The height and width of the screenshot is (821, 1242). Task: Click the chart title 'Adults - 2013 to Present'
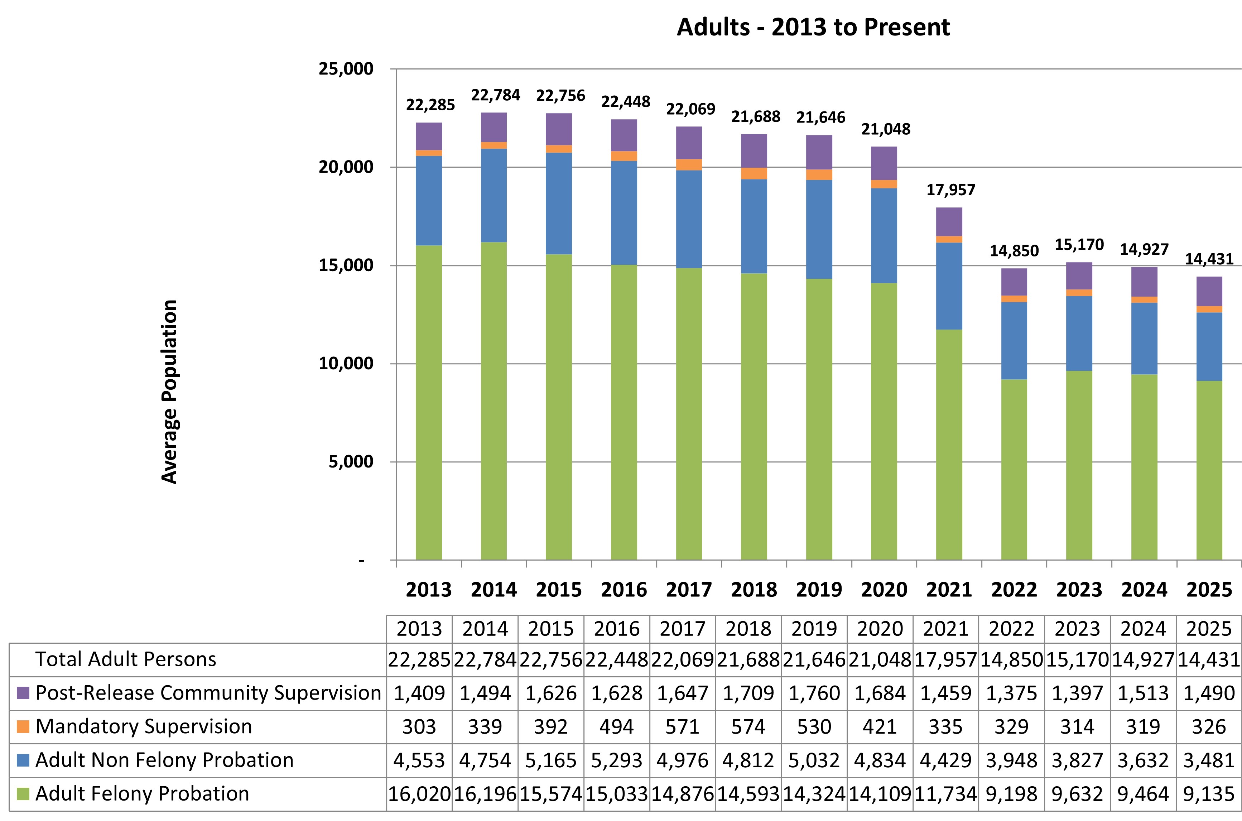(813, 27)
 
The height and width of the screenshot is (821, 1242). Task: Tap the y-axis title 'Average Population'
(170, 392)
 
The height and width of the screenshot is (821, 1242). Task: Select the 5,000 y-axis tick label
(351, 462)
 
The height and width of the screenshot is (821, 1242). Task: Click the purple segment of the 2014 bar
(494, 127)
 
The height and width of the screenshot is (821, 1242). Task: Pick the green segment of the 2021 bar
(949, 445)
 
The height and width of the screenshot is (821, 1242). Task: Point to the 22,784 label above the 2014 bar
(496, 95)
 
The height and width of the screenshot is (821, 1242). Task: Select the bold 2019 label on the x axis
(819, 590)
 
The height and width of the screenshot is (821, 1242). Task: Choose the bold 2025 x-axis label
(1209, 590)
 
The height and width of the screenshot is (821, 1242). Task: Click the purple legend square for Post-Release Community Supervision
(23, 693)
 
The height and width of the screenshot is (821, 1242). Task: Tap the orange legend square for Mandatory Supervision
(23, 727)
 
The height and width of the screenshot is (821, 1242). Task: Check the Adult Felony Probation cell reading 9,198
(1011, 794)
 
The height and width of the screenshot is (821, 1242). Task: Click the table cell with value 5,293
(617, 760)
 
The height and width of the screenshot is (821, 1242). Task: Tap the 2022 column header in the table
(1011, 629)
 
